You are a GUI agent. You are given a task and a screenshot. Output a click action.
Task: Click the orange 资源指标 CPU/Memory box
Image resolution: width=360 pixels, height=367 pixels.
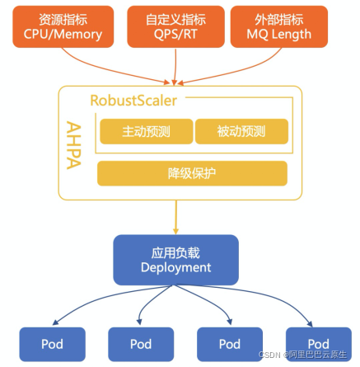pos(63,26)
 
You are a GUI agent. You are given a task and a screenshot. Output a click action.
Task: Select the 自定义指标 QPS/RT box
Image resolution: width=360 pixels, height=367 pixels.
pos(175,26)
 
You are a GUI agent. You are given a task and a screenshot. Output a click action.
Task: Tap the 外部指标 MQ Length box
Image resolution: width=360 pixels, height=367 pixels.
pos(279,26)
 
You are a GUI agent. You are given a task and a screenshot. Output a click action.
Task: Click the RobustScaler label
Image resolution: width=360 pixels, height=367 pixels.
pos(133,101)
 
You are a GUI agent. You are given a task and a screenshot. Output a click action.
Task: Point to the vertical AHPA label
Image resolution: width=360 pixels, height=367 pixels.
pos(74,145)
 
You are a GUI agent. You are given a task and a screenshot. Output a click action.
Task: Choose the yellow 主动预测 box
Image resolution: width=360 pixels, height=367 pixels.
pos(147,131)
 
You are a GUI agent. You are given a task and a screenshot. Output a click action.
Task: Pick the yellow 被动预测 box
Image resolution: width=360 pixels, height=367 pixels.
pos(241,131)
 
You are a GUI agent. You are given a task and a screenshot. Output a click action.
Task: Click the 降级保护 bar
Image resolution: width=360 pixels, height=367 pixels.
pos(192,173)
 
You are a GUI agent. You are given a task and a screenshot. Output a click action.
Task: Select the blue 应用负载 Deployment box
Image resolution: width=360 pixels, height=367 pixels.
pos(175,260)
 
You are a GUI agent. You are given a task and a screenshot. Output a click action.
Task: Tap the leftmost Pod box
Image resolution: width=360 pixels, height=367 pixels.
pos(52,344)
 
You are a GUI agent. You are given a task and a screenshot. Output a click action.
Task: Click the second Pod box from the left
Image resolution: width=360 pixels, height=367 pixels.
pos(141,344)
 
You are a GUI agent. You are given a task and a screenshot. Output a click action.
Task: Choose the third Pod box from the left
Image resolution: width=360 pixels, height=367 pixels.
pos(230,344)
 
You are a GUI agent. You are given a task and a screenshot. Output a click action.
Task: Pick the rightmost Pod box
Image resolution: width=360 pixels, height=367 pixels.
pos(319,344)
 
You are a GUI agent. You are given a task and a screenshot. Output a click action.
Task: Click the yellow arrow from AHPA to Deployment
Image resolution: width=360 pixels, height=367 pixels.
pos(175,217)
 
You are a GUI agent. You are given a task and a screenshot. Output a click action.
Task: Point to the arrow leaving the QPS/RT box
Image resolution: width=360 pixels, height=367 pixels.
pos(175,67)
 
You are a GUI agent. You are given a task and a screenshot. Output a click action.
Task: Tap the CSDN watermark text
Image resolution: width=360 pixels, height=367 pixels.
pos(303,355)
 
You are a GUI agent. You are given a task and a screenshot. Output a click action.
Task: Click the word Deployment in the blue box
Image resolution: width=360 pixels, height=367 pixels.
pos(175,267)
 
